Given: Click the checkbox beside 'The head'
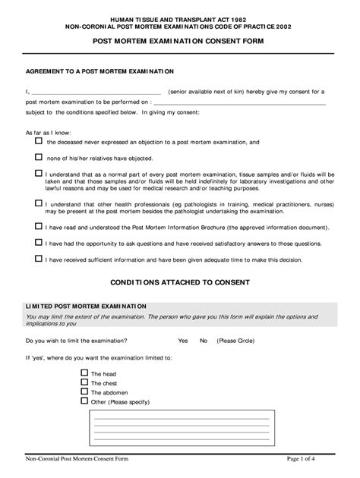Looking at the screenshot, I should pyautogui.click(x=84, y=373).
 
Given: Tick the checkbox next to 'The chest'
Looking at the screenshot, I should pyautogui.click(x=84, y=382).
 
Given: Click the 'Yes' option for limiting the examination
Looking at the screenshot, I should pyautogui.click(x=182, y=341).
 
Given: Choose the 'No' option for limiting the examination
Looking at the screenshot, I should pyautogui.click(x=203, y=341).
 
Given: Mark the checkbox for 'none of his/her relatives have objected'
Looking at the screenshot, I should pyautogui.click(x=39, y=157).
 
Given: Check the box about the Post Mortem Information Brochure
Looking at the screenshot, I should pyautogui.click(x=39, y=225).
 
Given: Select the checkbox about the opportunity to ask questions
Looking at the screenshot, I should pyautogui.click(x=39, y=242).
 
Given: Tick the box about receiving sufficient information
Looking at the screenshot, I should pyautogui.click(x=39, y=259).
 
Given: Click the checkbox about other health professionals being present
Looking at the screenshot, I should pyautogui.click(x=39, y=203).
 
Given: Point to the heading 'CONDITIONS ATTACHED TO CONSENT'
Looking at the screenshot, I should pyautogui.click(x=180, y=282).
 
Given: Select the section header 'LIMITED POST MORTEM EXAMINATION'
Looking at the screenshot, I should pyautogui.click(x=87, y=305).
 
